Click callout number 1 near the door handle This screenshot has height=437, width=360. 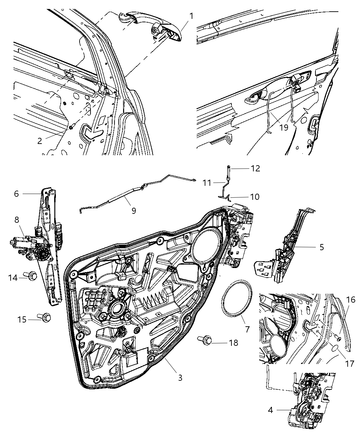click(191, 16)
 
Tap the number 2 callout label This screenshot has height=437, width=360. click(40, 141)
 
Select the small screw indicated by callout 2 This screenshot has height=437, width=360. click(71, 127)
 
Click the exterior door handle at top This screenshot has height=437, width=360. click(151, 27)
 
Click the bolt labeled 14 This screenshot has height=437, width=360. click(33, 275)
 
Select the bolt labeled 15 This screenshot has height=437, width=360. click(46, 317)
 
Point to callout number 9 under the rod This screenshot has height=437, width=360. click(133, 210)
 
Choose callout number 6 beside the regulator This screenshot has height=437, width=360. click(16, 194)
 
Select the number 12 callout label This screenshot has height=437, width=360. click(255, 168)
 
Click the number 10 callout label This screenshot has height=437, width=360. click(254, 197)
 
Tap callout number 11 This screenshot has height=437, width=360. click(207, 183)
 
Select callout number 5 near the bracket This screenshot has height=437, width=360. click(321, 247)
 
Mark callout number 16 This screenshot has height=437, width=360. click(350, 300)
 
